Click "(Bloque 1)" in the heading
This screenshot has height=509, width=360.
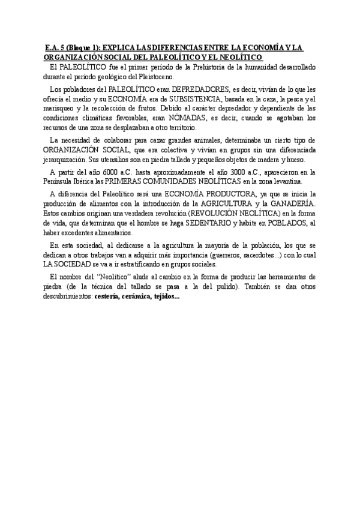coord(78,47)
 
